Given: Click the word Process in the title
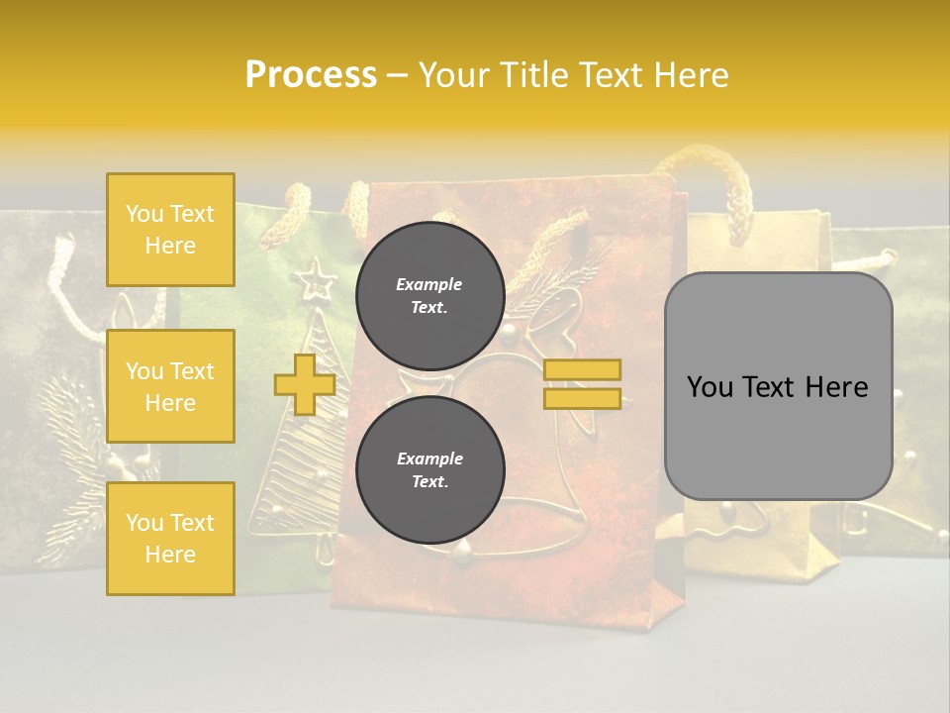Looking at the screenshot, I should (x=311, y=75).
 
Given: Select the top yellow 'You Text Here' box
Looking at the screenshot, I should (x=170, y=230).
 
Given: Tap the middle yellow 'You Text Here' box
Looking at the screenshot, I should (x=170, y=386).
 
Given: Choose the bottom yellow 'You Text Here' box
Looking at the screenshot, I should (x=170, y=538).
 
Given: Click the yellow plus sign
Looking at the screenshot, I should (x=304, y=384).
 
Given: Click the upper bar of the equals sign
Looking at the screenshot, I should (x=582, y=369).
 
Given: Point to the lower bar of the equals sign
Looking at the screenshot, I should (x=582, y=398).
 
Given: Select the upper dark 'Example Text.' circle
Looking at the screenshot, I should (x=429, y=296).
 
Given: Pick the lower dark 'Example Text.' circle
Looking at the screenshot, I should (x=429, y=470).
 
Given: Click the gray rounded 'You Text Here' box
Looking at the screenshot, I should (x=778, y=386).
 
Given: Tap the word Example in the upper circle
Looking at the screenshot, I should (x=428, y=284).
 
